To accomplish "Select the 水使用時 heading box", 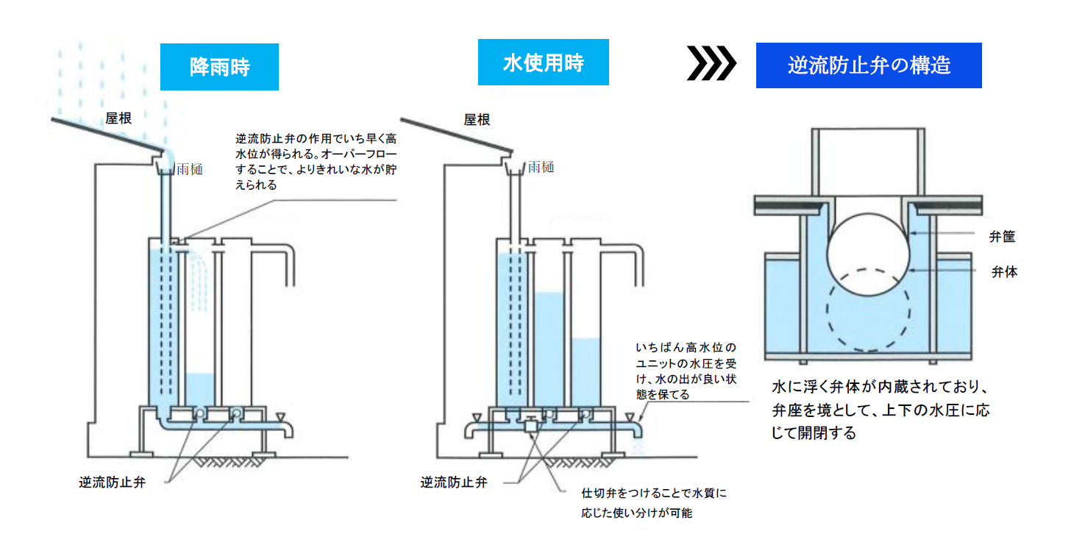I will pyautogui.click(x=543, y=63).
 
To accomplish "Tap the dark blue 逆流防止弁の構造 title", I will pyautogui.click(x=869, y=65).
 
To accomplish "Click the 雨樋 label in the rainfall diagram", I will pyautogui.click(x=190, y=168).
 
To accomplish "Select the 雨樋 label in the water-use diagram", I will pyautogui.click(x=541, y=167).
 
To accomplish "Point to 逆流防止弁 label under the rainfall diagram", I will pyautogui.click(x=112, y=483).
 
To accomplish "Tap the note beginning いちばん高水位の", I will pyautogui.click(x=684, y=370).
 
